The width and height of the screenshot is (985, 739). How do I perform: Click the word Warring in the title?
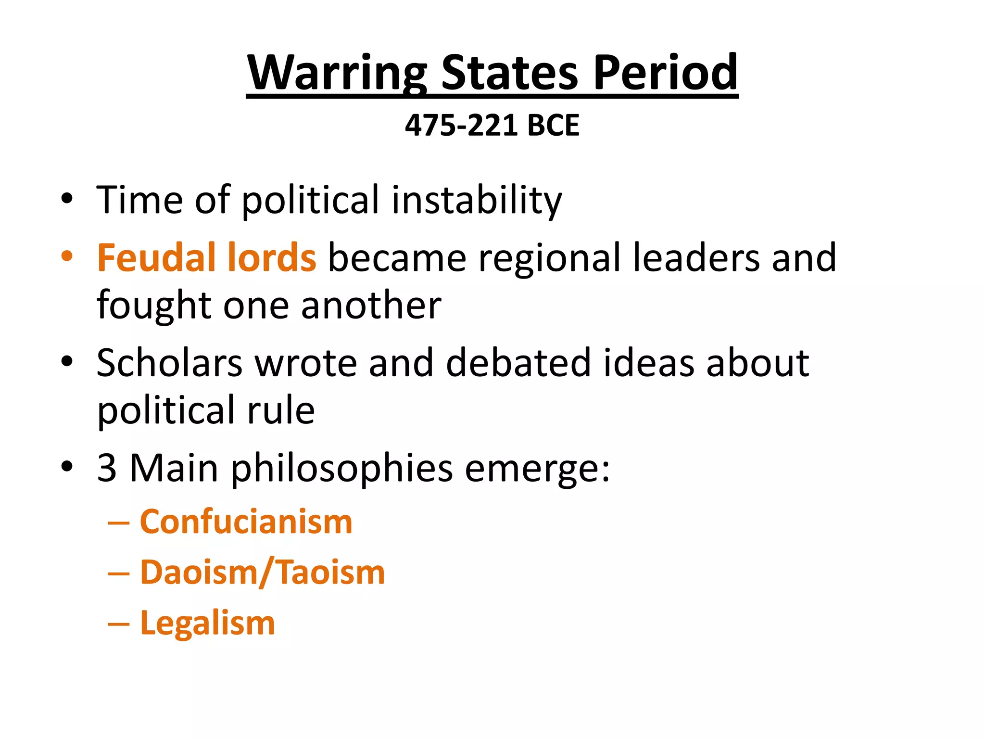coord(337,73)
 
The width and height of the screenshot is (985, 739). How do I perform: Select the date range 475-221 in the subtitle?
coord(461,126)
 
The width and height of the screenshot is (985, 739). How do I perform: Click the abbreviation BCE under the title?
coord(553,126)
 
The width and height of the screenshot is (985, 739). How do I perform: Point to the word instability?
coord(476,200)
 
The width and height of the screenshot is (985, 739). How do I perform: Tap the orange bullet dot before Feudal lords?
coord(67,256)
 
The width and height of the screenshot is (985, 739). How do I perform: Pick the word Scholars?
coord(169,363)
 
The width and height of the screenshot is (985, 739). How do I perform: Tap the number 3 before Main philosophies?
coord(107,468)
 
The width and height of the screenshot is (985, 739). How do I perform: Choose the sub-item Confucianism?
coord(246,522)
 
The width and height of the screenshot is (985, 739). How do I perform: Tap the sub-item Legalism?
coord(207,623)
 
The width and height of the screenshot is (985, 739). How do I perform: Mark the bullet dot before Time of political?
coord(67,198)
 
